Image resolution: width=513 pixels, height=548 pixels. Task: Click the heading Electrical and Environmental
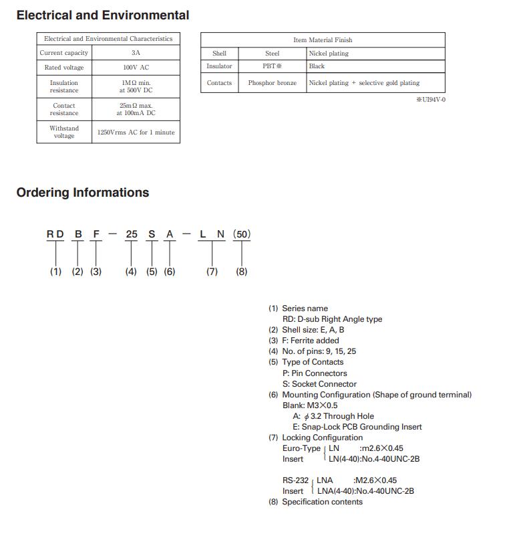pos(102,15)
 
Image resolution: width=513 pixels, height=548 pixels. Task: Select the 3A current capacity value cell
pos(136,52)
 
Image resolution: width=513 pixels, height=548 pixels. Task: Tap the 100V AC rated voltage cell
pos(136,68)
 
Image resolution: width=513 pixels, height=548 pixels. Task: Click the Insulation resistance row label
pos(64,87)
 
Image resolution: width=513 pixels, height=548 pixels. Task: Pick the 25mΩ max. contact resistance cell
pos(136,109)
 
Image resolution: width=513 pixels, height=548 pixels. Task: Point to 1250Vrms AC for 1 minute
pos(136,132)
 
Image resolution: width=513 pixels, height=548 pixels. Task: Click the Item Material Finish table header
pos(323,40)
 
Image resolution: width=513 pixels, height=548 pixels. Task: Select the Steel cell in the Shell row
pos(272,53)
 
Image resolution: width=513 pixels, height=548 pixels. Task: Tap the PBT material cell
pos(272,66)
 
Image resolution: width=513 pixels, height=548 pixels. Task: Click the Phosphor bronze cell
pos(272,83)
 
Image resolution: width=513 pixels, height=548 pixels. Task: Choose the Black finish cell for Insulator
pos(317,66)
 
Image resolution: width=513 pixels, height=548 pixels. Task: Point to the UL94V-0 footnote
pos(430,100)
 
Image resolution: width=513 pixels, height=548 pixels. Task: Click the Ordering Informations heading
pos(83,193)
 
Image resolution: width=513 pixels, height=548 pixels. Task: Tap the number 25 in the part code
pos(132,234)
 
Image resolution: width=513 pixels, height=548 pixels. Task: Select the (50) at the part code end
pos(242,234)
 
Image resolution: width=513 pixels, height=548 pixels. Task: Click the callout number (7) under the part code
pos(212,272)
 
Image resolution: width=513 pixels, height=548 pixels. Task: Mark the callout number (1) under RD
pos(55,272)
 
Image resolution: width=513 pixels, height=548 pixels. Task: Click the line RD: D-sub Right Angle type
pos(332,319)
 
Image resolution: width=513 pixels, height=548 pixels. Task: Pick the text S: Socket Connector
pos(319,384)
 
